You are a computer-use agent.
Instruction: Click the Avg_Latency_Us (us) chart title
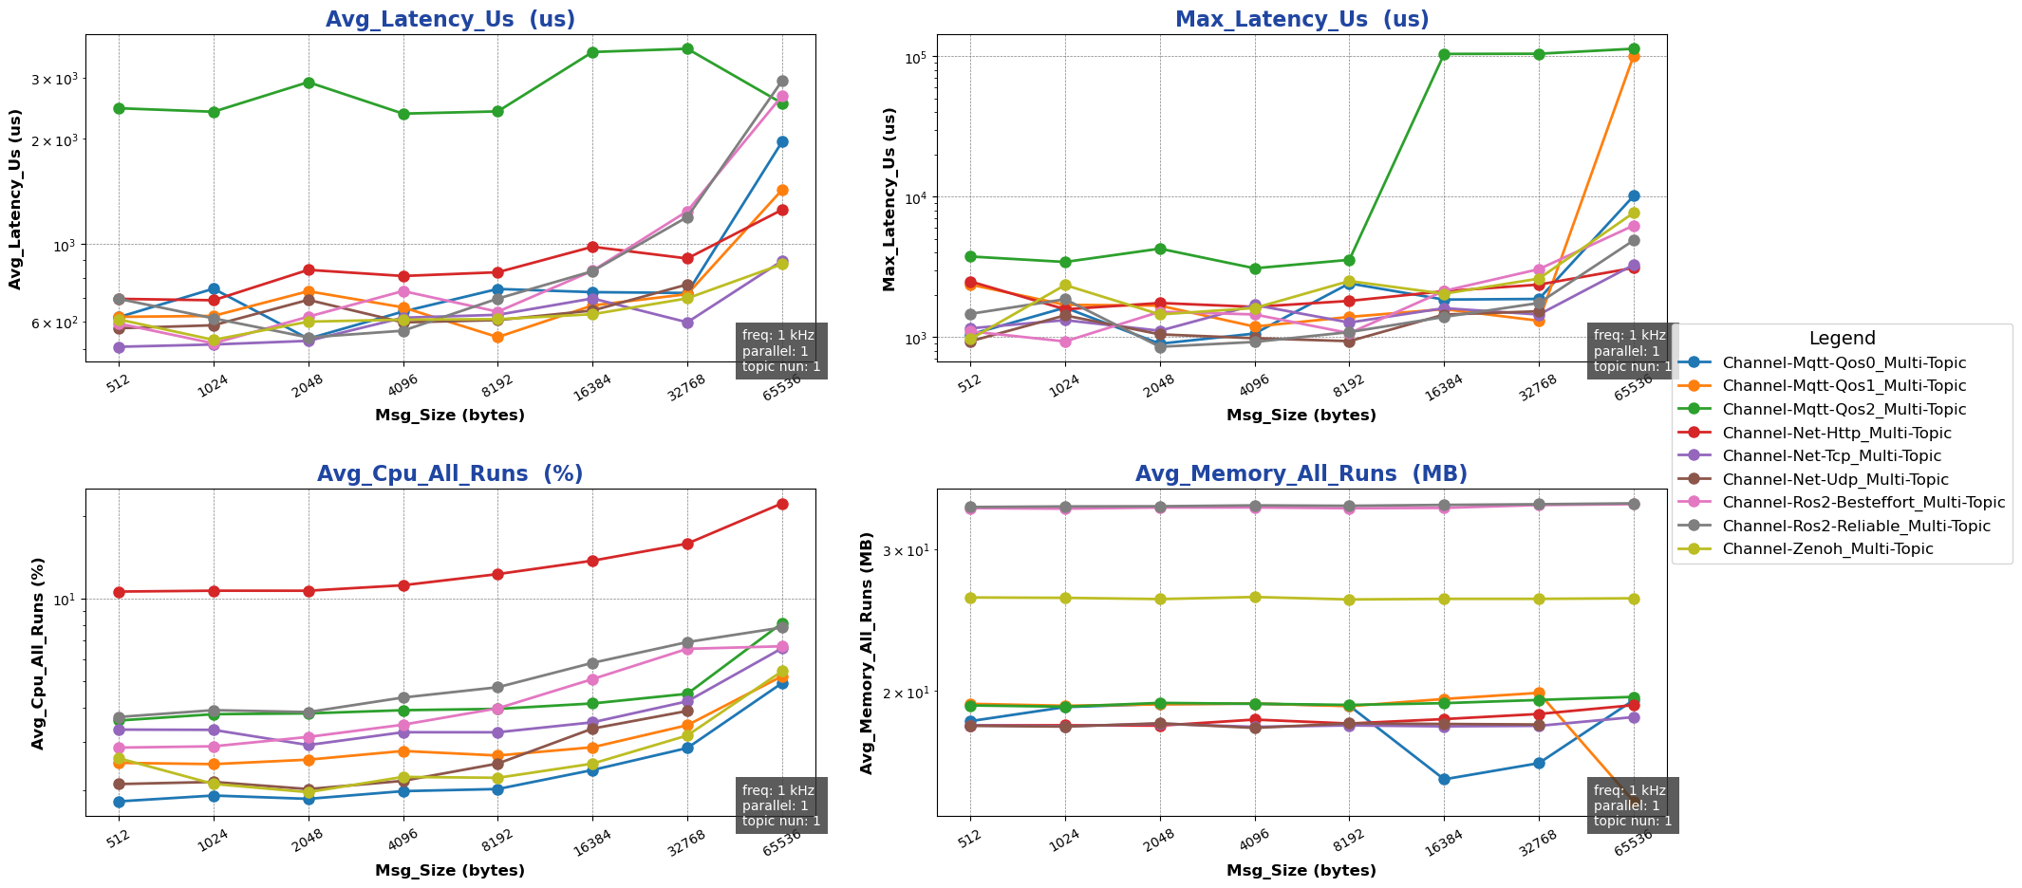tap(450, 20)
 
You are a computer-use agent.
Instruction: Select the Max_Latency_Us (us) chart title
tap(1301, 20)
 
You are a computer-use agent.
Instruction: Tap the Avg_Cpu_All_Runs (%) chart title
tap(450, 474)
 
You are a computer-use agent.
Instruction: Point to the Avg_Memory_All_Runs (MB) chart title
tap(1301, 474)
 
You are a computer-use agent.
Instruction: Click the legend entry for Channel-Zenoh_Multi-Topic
tap(1827, 549)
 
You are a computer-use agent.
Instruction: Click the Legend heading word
tap(1842, 339)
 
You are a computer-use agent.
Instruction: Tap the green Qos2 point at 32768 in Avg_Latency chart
tap(687, 49)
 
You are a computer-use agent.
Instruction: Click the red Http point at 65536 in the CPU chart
tap(782, 504)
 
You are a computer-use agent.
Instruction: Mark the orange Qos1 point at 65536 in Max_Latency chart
tap(1634, 56)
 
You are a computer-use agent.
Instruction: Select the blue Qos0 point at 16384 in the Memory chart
tap(1444, 780)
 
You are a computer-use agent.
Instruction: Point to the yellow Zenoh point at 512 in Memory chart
tap(970, 598)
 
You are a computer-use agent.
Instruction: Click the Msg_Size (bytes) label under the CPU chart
tap(450, 871)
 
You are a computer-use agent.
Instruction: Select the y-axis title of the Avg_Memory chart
tap(868, 653)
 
